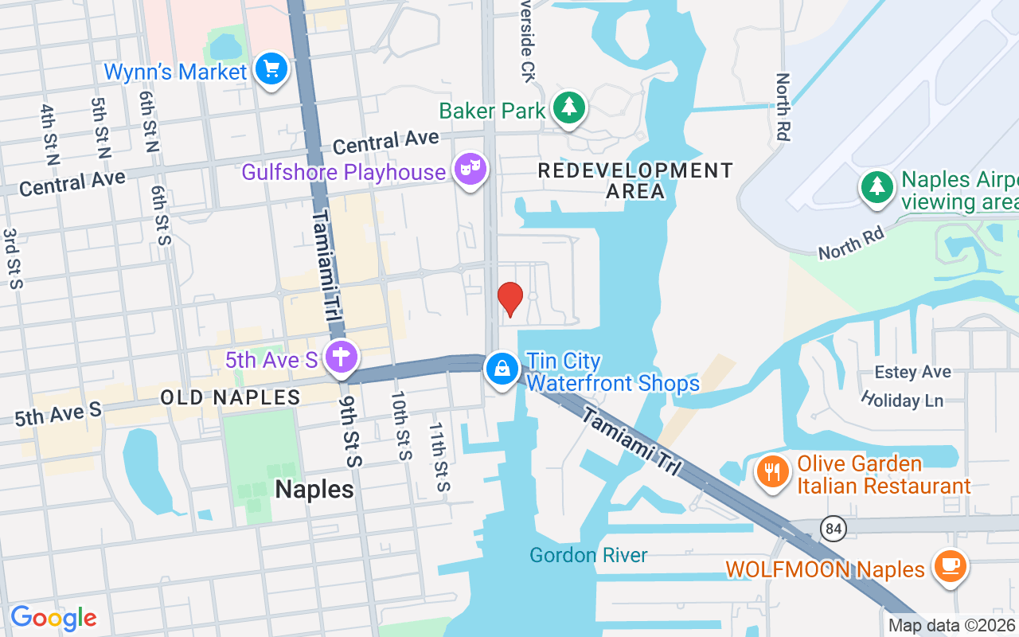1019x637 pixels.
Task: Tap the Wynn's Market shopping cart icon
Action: click(271, 70)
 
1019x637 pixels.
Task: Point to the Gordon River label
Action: click(588, 555)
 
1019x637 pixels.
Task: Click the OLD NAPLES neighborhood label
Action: click(230, 397)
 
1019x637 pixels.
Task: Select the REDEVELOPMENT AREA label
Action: click(634, 181)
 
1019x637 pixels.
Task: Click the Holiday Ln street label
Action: click(902, 400)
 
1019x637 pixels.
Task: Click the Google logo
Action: click(53, 618)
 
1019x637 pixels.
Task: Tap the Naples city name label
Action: click(314, 489)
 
